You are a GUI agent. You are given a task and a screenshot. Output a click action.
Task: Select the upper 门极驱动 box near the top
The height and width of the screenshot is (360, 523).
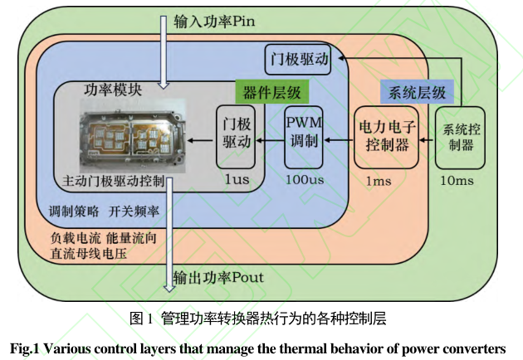click(301, 59)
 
